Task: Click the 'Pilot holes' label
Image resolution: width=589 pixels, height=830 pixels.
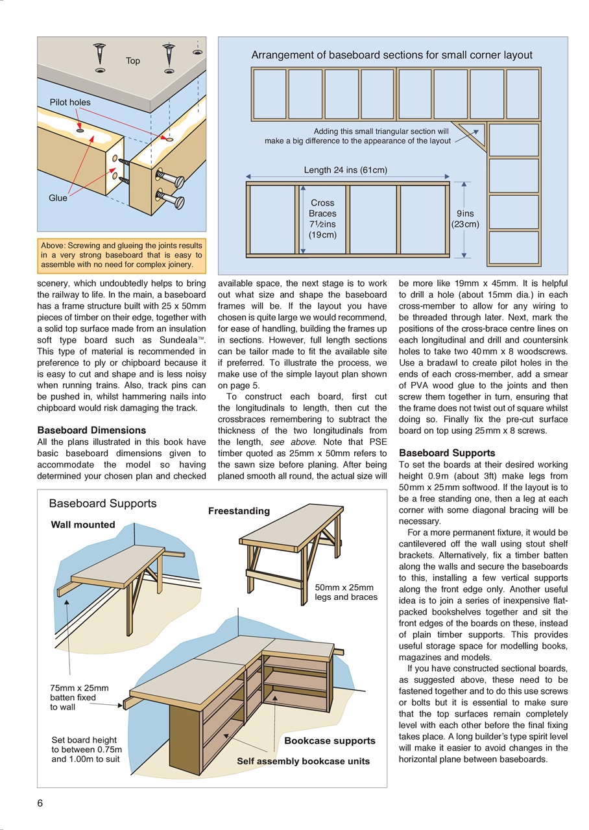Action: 70,102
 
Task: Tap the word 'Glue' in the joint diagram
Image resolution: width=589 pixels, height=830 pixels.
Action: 58,198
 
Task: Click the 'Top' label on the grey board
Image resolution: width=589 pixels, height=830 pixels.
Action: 132,61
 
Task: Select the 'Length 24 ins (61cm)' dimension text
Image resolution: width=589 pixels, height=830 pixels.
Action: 345,170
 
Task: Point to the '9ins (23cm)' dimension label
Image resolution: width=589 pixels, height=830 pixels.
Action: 465,219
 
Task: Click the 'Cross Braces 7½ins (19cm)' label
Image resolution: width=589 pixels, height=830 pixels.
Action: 322,219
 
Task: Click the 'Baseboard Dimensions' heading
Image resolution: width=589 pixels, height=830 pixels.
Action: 91,430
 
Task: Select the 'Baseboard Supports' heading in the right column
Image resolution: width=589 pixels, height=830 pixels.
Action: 447,453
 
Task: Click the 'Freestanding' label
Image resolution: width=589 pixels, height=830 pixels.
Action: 239,511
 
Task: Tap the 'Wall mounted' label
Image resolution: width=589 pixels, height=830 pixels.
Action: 83,525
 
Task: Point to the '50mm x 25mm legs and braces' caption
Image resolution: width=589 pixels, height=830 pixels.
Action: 346,592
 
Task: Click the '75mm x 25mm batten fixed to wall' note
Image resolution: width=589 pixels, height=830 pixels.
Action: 79,698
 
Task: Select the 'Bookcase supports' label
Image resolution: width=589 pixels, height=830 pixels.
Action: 330,741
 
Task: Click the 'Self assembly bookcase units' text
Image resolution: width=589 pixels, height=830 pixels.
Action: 303,761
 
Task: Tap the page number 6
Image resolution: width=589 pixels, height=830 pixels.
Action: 40,803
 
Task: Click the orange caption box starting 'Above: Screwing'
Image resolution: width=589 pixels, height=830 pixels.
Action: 121,255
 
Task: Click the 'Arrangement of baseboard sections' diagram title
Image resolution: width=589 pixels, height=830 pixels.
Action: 392,55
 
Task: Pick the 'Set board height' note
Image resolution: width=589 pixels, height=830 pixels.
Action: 86,749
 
